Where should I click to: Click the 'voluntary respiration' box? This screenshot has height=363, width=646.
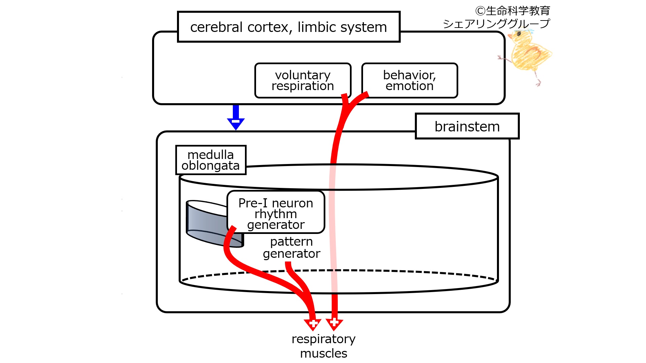303,80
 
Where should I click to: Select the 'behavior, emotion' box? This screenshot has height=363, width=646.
409,80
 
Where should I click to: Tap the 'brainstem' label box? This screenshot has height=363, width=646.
467,126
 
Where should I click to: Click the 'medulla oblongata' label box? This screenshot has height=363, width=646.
211,160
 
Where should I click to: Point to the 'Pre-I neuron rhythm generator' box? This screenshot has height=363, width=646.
276,212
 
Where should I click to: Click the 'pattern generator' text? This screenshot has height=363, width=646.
292,248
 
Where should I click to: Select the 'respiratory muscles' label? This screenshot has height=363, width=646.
324,346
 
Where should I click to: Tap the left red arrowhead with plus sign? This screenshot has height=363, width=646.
313,324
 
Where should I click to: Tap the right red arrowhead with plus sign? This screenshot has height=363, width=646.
334,324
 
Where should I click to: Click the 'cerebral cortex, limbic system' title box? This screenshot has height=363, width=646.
289,27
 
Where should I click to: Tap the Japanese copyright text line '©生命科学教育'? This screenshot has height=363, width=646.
512,11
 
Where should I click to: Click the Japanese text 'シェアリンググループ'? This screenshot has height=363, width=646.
496,24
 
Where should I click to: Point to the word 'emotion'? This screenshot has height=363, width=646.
409,86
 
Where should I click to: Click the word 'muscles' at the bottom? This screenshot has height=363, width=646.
324,353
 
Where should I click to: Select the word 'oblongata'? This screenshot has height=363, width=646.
211,166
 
